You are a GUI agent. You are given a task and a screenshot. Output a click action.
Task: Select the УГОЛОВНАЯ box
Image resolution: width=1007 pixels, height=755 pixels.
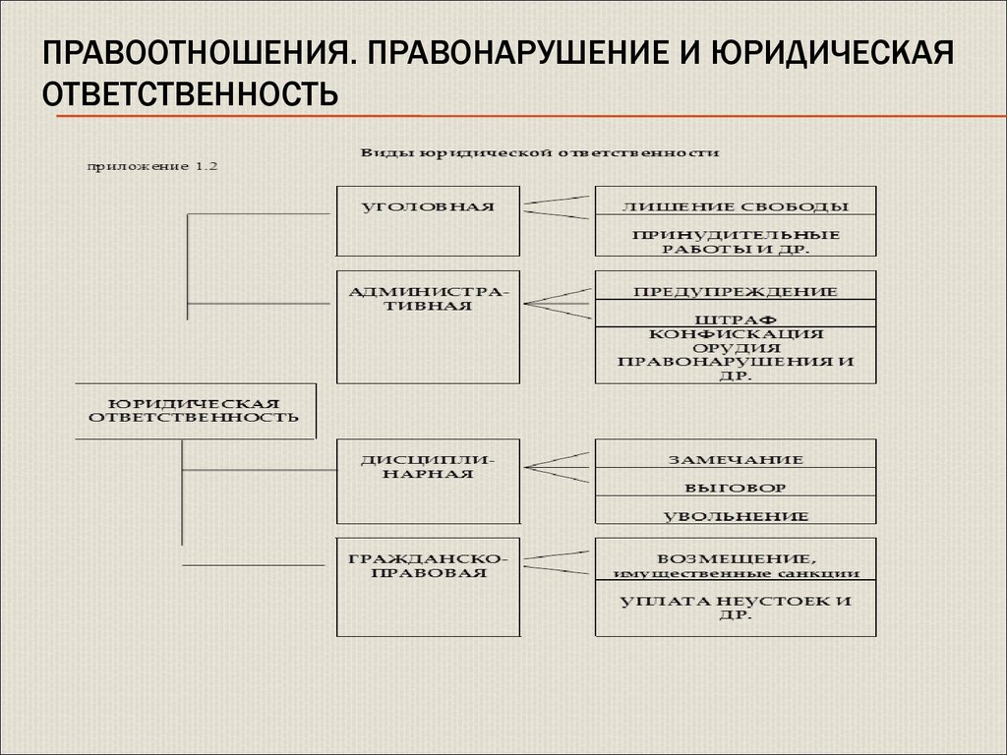point(427,220)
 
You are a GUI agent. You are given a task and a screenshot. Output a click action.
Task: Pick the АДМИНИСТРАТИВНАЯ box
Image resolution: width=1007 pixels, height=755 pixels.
point(427,325)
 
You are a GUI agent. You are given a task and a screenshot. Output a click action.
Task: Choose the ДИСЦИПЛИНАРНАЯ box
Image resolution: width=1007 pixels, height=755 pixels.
point(427,481)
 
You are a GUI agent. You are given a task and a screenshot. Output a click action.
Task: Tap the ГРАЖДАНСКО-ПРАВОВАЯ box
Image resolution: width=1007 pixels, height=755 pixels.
point(427,587)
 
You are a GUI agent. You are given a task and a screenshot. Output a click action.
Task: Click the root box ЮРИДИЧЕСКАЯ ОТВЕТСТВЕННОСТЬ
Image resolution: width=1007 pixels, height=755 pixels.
point(195,410)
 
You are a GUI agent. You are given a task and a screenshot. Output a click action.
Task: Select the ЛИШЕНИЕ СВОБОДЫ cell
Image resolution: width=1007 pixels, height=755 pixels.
point(735,206)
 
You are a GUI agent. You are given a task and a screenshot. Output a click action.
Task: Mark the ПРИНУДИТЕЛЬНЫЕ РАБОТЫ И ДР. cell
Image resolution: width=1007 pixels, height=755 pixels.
point(735,242)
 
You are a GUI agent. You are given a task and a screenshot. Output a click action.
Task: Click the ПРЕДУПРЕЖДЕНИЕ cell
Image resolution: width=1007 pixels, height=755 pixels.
point(735,291)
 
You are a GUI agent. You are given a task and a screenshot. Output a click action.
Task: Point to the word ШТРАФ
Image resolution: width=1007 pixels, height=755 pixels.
point(735,319)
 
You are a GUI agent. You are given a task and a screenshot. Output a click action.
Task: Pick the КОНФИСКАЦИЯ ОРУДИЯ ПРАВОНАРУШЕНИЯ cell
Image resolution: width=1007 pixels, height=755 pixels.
point(735,355)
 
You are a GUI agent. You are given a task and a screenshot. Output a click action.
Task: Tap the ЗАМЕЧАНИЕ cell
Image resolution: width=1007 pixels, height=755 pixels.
point(735,459)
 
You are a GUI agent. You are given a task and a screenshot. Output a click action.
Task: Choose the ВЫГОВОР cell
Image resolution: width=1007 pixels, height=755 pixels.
point(735,487)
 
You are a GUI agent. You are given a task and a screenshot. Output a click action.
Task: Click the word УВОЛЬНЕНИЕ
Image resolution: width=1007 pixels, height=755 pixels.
point(735,515)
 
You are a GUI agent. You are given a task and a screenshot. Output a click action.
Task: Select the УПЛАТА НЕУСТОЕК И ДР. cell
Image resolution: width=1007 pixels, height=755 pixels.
point(735,609)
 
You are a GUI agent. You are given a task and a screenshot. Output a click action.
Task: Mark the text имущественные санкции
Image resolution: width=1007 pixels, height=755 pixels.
point(735,573)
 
